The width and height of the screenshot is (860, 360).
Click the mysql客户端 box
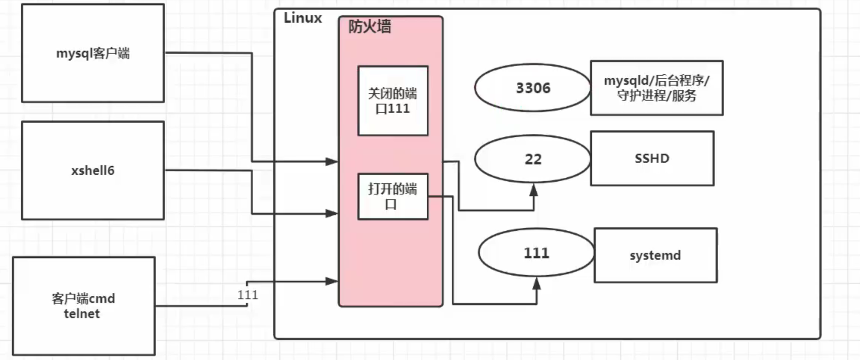click(x=93, y=53)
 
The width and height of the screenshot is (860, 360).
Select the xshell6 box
click(x=93, y=170)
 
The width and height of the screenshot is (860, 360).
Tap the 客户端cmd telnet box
click(x=84, y=306)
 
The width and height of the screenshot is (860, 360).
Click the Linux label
click(x=302, y=18)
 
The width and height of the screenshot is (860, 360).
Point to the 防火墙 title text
click(x=370, y=27)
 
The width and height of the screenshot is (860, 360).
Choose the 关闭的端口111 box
click(x=393, y=101)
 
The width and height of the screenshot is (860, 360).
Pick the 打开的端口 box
click(x=393, y=196)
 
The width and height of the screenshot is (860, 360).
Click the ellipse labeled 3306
click(x=533, y=88)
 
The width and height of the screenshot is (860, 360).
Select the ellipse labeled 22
click(x=533, y=159)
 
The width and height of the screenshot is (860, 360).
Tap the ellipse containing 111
click(x=536, y=252)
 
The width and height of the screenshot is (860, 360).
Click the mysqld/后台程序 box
click(x=656, y=88)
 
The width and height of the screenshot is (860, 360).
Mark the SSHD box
click(x=652, y=159)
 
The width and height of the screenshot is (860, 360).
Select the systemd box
click(x=655, y=255)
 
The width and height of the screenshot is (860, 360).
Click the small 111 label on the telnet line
click(x=248, y=295)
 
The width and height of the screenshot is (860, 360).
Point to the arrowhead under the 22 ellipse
click(x=534, y=190)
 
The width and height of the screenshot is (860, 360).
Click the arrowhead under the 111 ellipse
click(x=537, y=283)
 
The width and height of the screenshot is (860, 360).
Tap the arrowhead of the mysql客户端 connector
click(x=332, y=162)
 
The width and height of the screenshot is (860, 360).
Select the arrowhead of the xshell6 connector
click(x=332, y=214)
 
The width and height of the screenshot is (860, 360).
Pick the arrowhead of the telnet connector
click(x=332, y=281)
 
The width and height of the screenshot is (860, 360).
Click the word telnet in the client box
click(x=82, y=314)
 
